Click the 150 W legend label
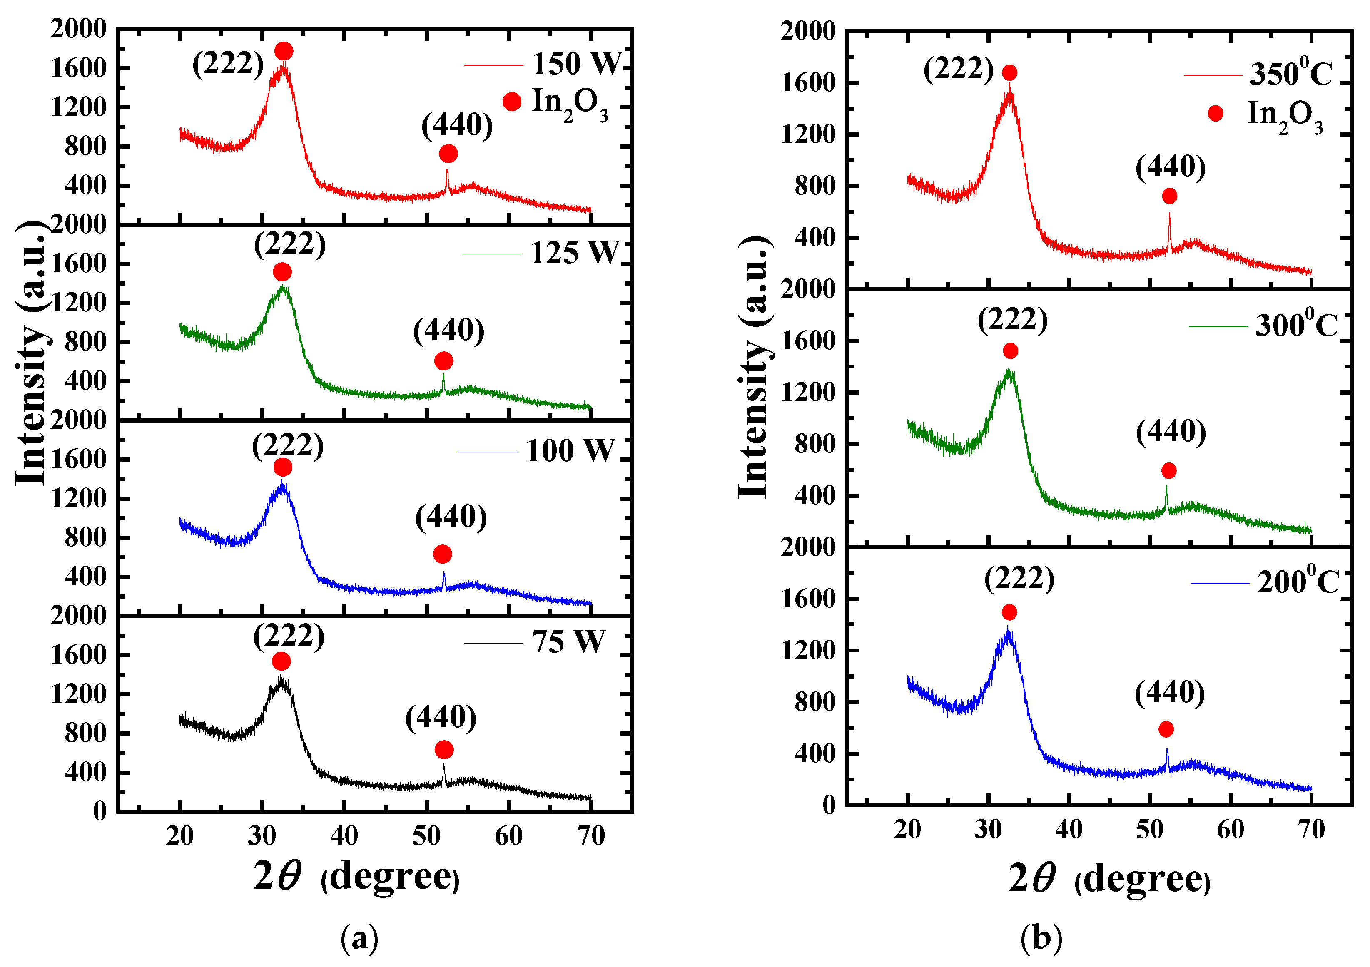[x=576, y=63]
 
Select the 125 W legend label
[x=574, y=253]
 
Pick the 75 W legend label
[x=568, y=642]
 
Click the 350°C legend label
[x=1290, y=74]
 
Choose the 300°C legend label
[x=1296, y=325]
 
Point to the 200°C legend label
[x=1298, y=582]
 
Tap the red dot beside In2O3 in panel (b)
[x=1215, y=113]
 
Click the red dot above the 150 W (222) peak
[x=284, y=51]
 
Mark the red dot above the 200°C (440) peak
[x=1166, y=729]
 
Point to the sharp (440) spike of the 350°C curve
[x=1170, y=230]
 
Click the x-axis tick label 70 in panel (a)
[x=591, y=836]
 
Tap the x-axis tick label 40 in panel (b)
[x=1069, y=830]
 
